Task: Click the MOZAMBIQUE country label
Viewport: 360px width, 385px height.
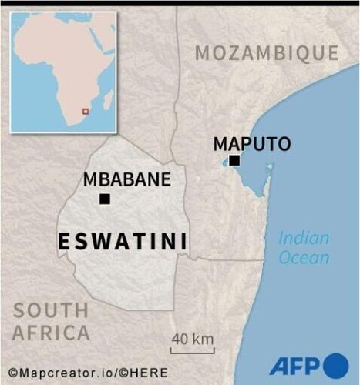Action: (266, 52)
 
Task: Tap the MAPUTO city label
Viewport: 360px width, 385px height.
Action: (252, 143)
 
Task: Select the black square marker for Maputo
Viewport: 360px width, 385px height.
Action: (234, 160)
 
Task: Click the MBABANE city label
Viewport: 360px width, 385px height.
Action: (126, 180)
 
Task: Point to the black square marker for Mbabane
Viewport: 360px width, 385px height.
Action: (105, 199)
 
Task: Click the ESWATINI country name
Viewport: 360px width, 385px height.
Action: (123, 242)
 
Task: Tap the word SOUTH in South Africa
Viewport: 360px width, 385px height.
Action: (50, 310)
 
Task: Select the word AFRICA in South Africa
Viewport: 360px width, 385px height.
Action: (51, 333)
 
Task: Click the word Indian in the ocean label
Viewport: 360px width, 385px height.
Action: (303, 238)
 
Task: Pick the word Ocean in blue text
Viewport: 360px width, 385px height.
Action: (304, 258)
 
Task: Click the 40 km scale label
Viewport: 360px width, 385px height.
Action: (192, 339)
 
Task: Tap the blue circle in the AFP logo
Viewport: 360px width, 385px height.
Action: (335, 366)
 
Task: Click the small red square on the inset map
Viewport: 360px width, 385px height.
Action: (85, 112)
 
